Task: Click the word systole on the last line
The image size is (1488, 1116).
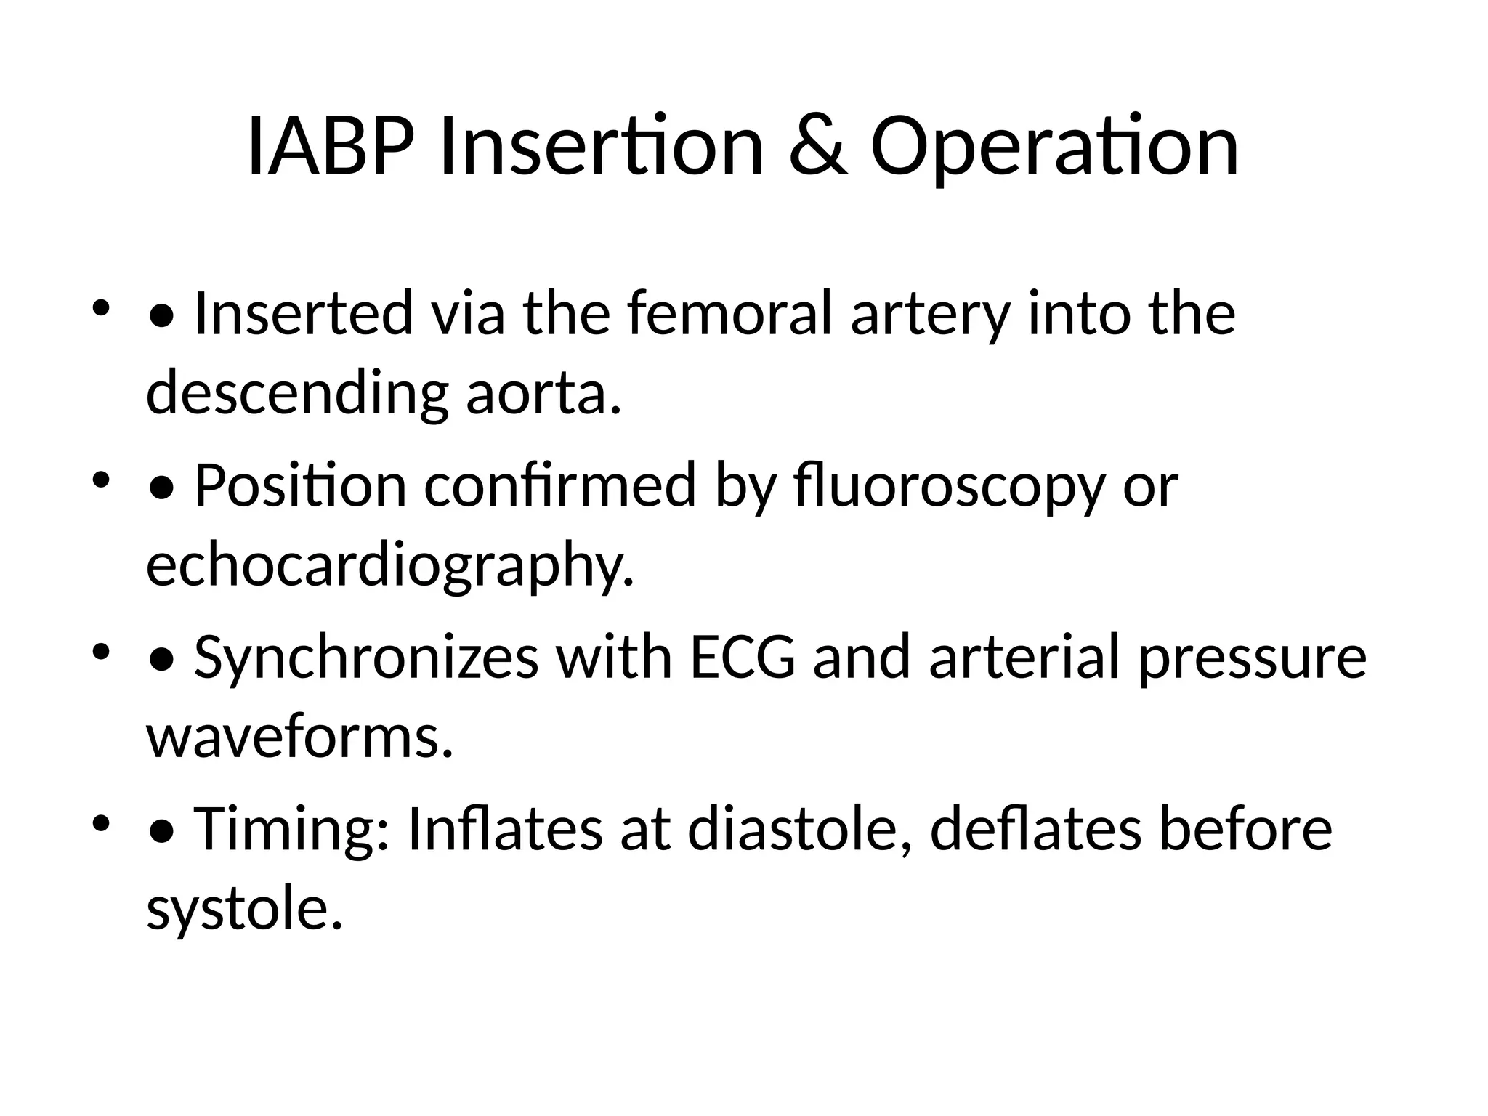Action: click(244, 909)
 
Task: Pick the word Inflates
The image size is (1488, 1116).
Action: click(505, 829)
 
